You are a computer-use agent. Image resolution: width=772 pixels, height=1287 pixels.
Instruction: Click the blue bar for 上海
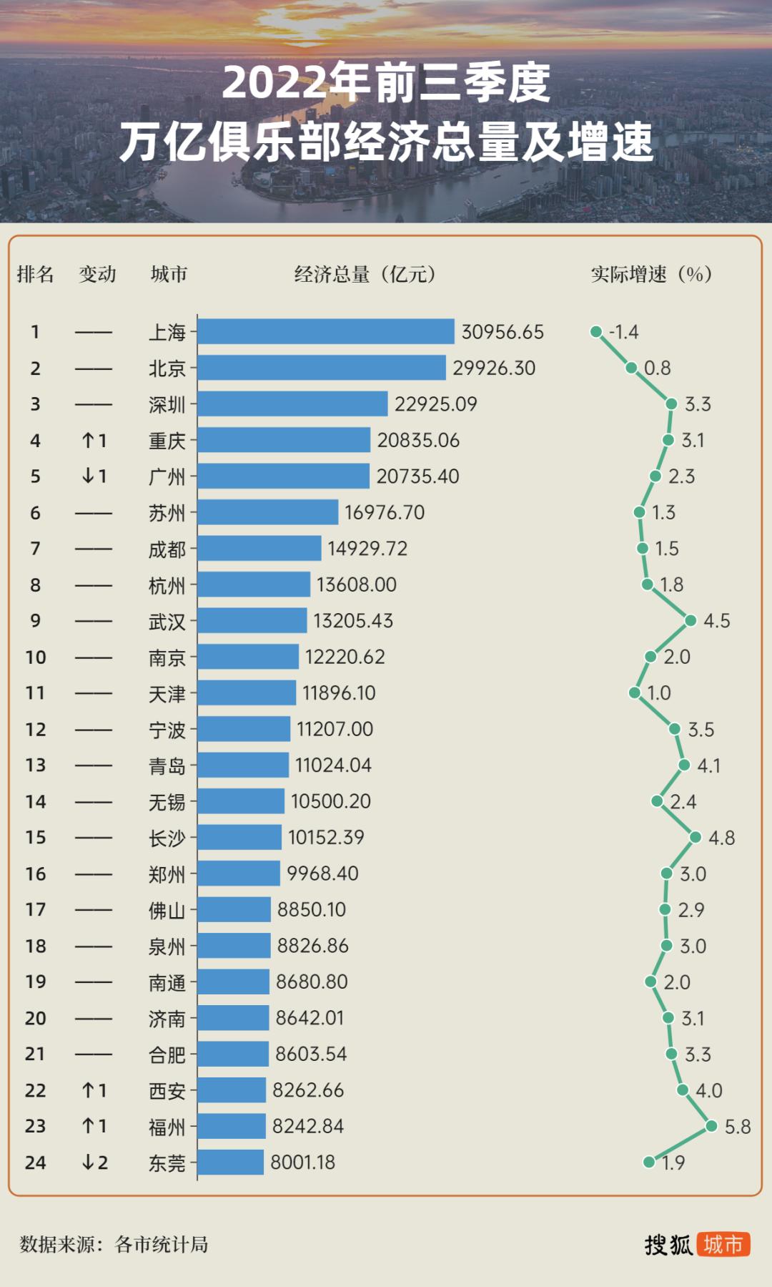coord(326,331)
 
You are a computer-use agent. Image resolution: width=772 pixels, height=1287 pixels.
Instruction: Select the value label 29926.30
coord(493,368)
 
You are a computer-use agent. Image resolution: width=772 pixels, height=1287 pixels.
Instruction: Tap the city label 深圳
coord(167,404)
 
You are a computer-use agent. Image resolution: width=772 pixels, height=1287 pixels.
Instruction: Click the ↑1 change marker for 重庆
coord(94,440)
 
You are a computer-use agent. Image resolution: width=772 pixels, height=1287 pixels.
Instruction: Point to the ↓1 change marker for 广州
coord(94,476)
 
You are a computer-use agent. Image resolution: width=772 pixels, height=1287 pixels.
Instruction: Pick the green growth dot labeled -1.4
coord(595,331)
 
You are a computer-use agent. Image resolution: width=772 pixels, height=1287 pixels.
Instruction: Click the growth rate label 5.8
coord(737,1127)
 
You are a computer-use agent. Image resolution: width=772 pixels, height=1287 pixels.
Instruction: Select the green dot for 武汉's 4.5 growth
coord(691,620)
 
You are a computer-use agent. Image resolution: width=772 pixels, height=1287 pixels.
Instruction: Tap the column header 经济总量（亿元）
coord(365,274)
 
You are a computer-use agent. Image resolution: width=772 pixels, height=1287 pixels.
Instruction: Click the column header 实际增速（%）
coord(650,274)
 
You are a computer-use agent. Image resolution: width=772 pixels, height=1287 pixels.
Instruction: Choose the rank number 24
coord(35,1163)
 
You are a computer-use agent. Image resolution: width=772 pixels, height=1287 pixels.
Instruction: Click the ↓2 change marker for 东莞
coord(94,1163)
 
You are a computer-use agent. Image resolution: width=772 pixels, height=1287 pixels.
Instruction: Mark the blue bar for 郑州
coord(239,874)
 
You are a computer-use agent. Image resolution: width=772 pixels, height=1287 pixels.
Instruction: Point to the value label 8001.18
coord(302,1163)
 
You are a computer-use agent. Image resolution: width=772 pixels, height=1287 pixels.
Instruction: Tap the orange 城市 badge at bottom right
coord(723,1245)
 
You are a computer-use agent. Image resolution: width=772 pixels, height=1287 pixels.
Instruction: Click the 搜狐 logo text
coord(668,1245)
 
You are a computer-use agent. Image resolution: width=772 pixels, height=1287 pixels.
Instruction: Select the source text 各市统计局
coord(162,1245)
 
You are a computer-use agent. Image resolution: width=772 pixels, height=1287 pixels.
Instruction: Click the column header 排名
coord(35,274)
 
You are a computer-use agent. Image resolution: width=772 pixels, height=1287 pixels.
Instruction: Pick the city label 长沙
coord(167,838)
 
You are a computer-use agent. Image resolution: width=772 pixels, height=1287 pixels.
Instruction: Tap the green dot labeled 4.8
coord(696,837)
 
